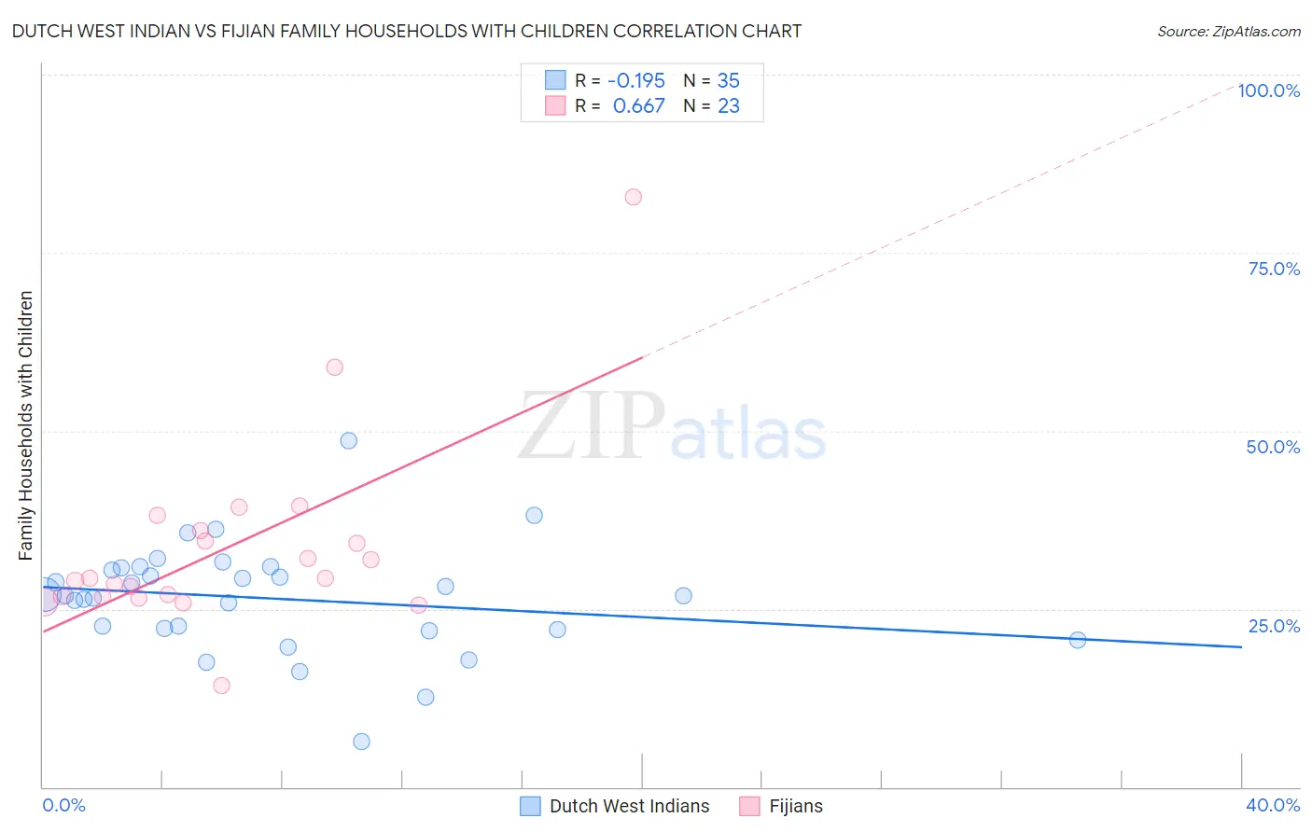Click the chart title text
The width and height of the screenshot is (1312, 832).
[406, 31]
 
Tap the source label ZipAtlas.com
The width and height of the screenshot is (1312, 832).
[1228, 31]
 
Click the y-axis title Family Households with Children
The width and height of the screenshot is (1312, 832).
[26, 425]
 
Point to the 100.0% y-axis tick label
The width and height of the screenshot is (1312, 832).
[1268, 90]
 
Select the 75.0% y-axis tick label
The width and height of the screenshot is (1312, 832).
[1274, 269]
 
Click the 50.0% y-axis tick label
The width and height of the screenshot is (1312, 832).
[1273, 447]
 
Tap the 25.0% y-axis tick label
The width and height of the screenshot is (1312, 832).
[1274, 626]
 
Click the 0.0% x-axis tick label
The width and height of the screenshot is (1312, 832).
[63, 805]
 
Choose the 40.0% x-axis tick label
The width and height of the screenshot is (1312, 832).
[1272, 805]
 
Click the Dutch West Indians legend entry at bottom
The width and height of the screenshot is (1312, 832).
[616, 806]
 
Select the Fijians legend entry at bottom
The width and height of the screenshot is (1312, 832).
[782, 806]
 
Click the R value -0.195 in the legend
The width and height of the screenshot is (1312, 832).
[635, 80]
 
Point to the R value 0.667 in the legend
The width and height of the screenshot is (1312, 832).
[638, 106]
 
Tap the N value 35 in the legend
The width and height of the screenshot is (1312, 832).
[728, 80]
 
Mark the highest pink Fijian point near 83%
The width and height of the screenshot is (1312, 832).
[634, 197]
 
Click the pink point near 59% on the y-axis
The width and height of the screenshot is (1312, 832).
[334, 367]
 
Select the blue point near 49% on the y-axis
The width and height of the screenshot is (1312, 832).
[349, 440]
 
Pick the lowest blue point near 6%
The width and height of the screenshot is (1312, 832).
[361, 742]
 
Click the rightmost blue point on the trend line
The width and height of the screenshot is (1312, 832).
[1078, 640]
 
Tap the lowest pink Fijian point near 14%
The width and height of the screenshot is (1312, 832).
[221, 686]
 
